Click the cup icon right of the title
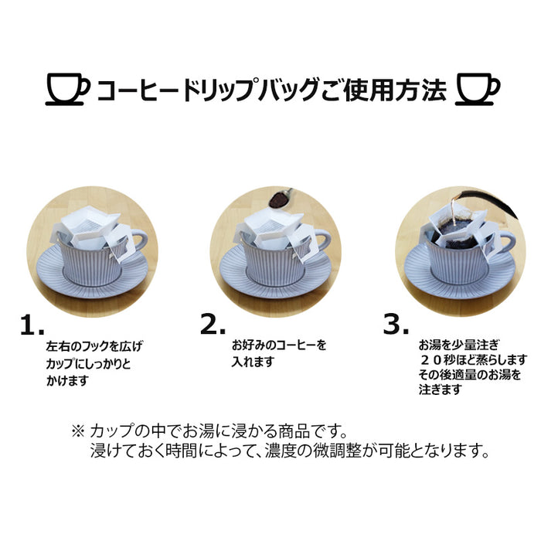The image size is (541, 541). pyautogui.click(x=478, y=90)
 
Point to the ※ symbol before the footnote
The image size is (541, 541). pyautogui.click(x=77, y=431)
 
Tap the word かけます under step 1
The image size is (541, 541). pyautogui.click(x=67, y=380)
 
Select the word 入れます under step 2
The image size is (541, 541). pyautogui.click(x=253, y=362)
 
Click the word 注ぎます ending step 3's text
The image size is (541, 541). pyautogui.click(x=440, y=390)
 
